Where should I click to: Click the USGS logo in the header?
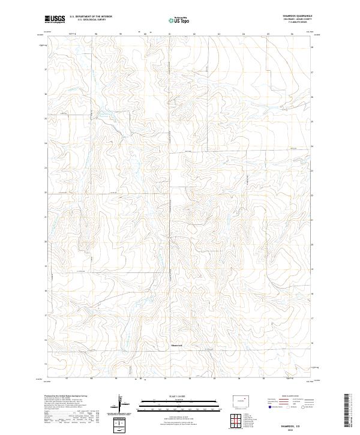click(x=54, y=19)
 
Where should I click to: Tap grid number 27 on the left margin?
click(x=46, y=69)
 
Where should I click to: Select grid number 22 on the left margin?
click(x=46, y=192)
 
